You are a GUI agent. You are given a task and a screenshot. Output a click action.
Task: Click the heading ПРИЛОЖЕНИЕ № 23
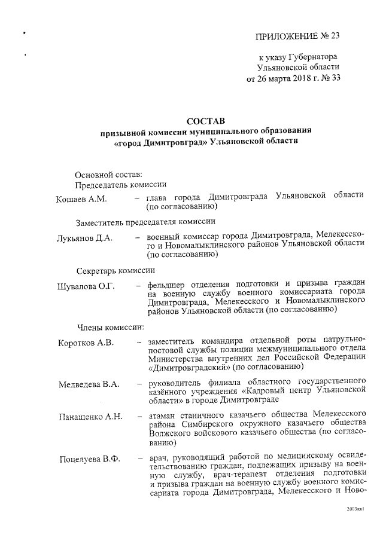(297, 35)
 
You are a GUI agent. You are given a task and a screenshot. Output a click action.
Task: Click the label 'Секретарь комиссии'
(115, 270)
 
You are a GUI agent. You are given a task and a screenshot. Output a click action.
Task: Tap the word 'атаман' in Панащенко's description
(163, 412)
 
